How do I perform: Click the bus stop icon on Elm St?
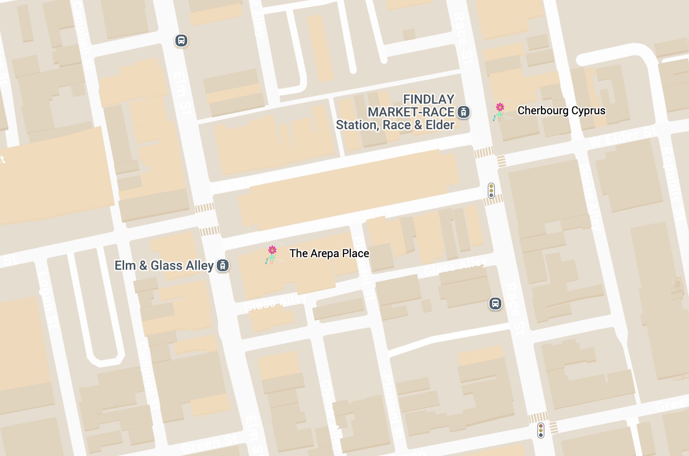[181, 41]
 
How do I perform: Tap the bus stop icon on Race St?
[495, 304]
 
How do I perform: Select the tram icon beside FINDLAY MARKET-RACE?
[463, 112]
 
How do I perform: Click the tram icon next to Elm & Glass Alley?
[222, 265]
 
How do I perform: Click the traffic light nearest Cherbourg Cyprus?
[491, 190]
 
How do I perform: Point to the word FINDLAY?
[429, 99]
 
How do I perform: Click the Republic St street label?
[672, 184]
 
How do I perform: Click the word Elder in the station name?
[439, 125]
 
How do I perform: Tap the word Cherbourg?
[543, 111]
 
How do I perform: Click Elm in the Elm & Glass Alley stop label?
[125, 265]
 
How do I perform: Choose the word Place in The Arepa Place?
[355, 253]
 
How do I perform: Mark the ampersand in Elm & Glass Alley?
[143, 265]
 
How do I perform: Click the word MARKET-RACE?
[411, 112]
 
